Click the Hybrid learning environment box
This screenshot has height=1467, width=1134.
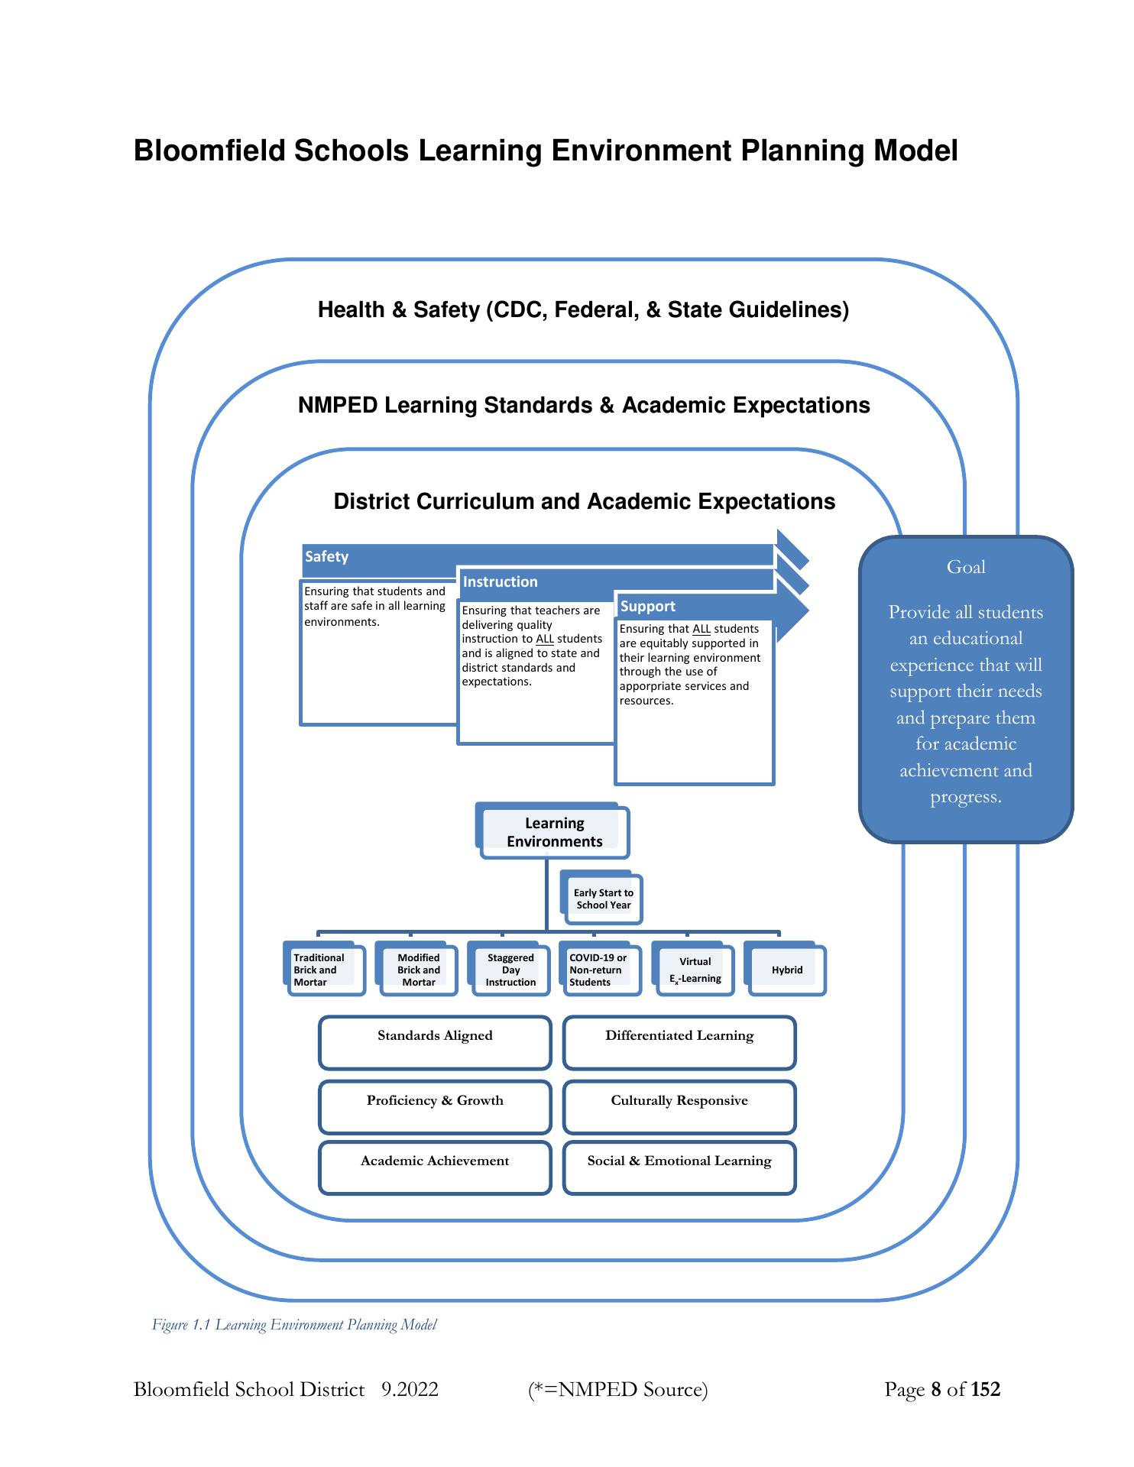pyautogui.click(x=787, y=970)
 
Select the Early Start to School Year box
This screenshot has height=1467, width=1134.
pyautogui.click(x=603, y=899)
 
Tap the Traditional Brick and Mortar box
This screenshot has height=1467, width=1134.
pyautogui.click(x=324, y=970)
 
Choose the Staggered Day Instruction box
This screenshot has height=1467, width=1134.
pyautogui.click(x=510, y=970)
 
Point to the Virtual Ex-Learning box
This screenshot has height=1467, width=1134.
pyautogui.click(x=695, y=970)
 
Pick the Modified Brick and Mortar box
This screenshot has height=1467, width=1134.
pyautogui.click(x=417, y=970)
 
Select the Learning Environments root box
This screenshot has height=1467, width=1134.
pyautogui.click(x=554, y=832)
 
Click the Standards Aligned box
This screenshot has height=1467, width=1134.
pyautogui.click(x=435, y=1042)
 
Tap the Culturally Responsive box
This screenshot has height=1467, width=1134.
pyautogui.click(x=679, y=1106)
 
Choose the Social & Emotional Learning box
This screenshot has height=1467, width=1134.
pyautogui.click(x=679, y=1167)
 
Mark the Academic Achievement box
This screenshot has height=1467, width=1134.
pyautogui.click(x=435, y=1167)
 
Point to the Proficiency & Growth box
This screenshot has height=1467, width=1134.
pyautogui.click(x=435, y=1106)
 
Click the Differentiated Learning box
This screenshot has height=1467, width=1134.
pyautogui.click(x=679, y=1042)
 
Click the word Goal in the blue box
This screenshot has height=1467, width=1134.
pyautogui.click(x=966, y=567)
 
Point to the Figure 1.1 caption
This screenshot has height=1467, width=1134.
pyautogui.click(x=294, y=1325)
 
